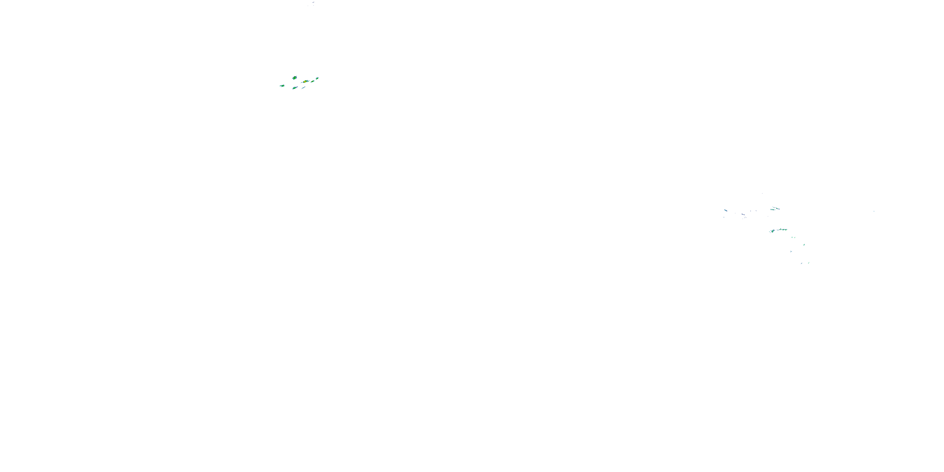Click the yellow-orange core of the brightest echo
(306, 81)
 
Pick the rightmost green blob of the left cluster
(317, 78)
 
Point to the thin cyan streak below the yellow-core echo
(303, 87)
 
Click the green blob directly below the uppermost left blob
(295, 88)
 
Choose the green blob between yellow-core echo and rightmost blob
(312, 81)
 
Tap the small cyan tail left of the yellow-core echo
(301, 82)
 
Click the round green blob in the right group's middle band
(772, 231)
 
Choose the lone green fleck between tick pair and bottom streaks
(804, 244)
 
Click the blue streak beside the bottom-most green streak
(802, 263)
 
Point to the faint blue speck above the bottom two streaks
(791, 251)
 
